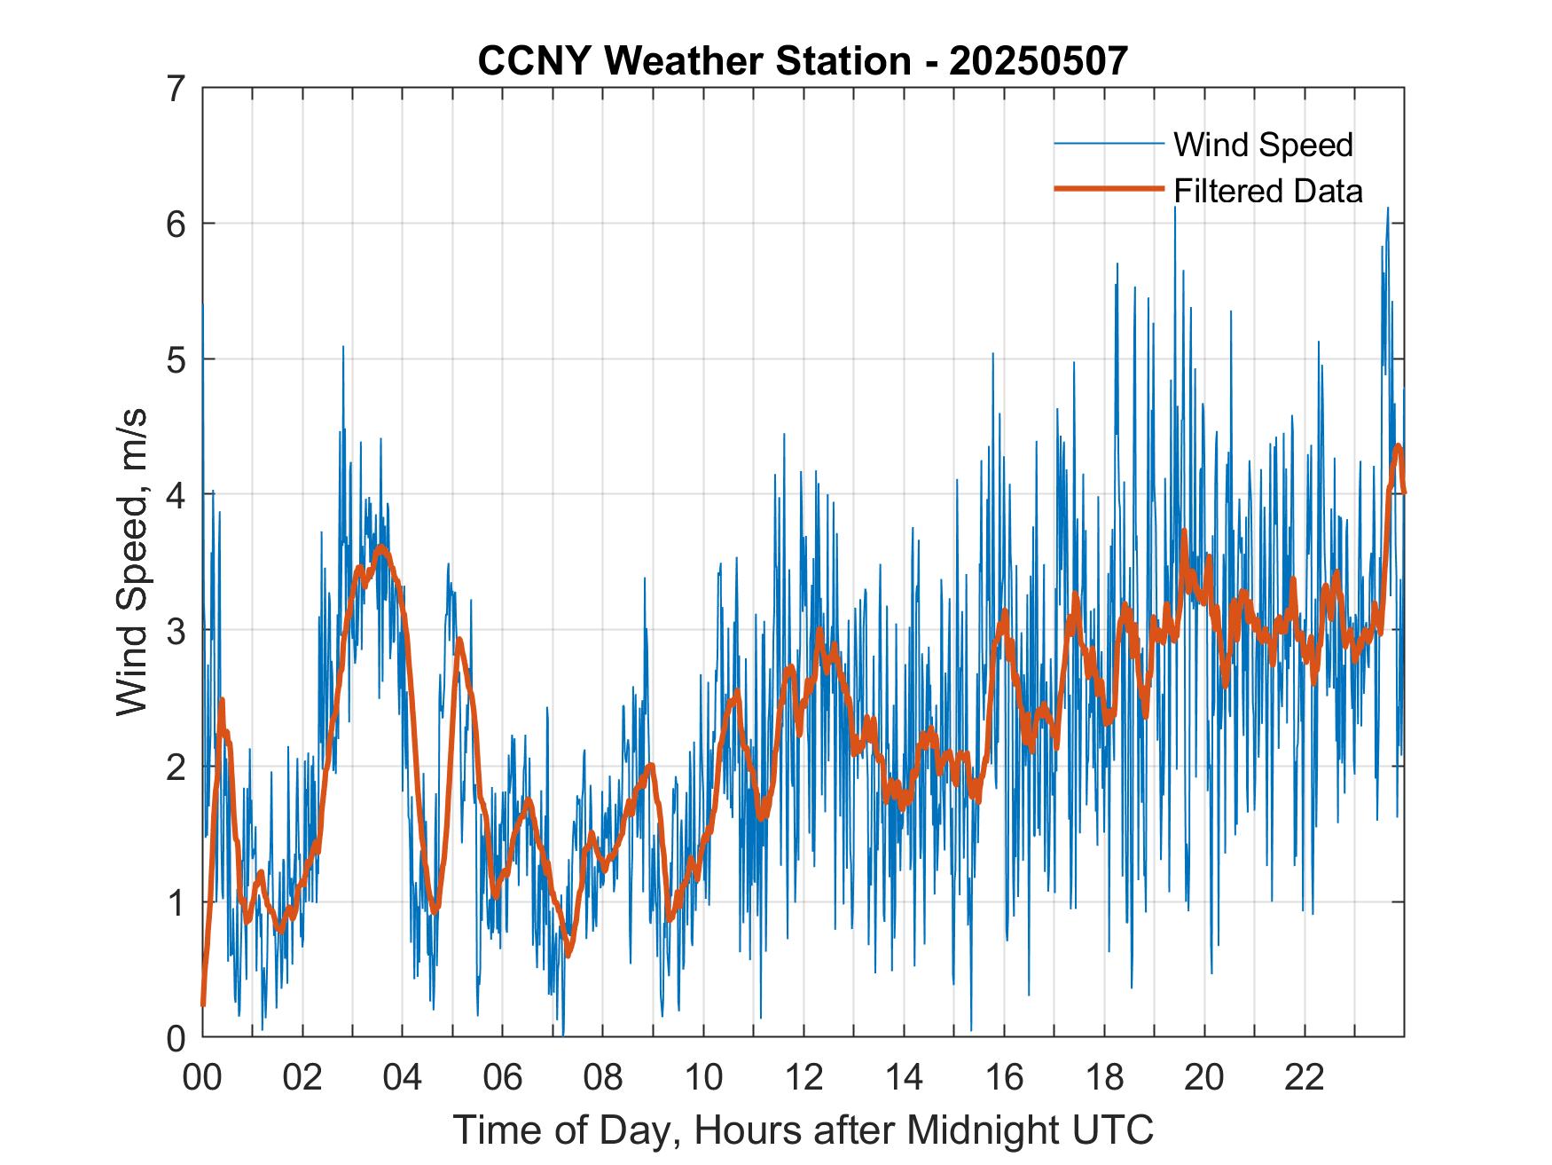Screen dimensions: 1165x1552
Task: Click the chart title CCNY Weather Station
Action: (x=694, y=61)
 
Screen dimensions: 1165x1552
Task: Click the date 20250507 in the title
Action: (x=1039, y=61)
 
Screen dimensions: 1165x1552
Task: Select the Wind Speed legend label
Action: (x=1263, y=145)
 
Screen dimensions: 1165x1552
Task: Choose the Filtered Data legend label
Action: (x=1267, y=191)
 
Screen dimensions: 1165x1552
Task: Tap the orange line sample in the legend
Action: (x=1108, y=189)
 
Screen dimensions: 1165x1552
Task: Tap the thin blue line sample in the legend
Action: (x=1108, y=144)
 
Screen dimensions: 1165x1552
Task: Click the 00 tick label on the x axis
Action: (x=202, y=1078)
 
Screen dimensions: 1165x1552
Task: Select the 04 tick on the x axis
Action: (x=403, y=1078)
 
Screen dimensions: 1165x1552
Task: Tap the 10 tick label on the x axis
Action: (x=703, y=1078)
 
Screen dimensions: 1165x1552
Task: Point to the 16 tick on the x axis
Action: (x=1004, y=1078)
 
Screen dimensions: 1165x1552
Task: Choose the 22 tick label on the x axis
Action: (x=1305, y=1078)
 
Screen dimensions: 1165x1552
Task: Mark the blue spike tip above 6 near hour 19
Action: (x=1175, y=208)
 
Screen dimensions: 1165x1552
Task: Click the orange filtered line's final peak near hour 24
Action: (x=1398, y=446)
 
